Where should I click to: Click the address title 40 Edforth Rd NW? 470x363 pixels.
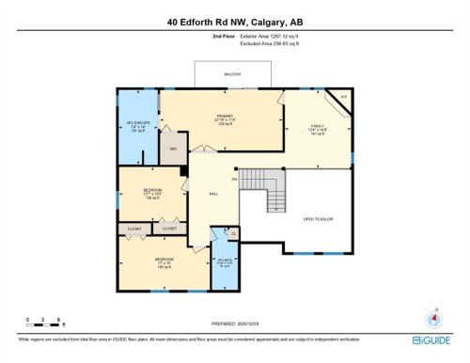coord(235,21)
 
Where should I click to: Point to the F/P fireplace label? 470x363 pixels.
coord(343,97)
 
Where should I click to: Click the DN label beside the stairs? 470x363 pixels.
coord(234,180)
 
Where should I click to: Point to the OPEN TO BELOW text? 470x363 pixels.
coord(318,219)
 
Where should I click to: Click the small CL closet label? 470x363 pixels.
coord(233,233)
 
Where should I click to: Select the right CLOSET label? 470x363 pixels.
coord(168,228)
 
